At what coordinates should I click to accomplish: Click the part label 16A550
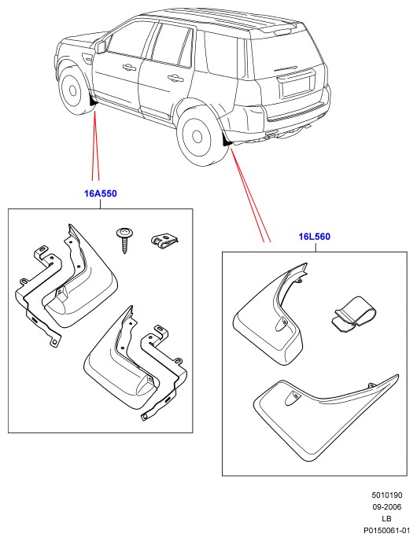point(101,193)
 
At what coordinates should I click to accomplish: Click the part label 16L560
point(314,237)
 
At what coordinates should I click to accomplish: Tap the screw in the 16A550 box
point(124,240)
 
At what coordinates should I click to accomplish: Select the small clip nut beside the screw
point(164,241)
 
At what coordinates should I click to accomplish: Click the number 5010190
point(386,495)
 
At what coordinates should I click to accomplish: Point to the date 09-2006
point(386,507)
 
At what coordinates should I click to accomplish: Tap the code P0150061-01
point(386,530)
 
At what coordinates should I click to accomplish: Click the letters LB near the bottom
point(386,518)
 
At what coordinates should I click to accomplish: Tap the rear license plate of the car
point(296,86)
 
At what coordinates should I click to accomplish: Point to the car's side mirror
point(100,46)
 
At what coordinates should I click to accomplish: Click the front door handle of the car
point(129,67)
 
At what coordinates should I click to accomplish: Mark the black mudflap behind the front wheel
point(93,101)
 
